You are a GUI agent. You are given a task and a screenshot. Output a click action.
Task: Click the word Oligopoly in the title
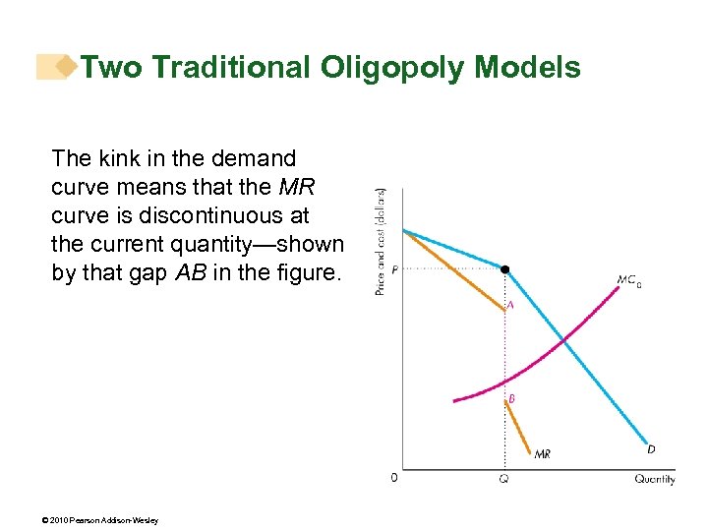tap(391, 67)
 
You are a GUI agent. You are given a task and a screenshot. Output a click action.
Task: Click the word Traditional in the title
tap(229, 67)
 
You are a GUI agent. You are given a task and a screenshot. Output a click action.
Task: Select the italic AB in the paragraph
tap(188, 272)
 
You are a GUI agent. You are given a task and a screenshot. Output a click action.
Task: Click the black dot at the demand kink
tap(505, 268)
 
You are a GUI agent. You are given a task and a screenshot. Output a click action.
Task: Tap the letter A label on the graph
tap(510, 306)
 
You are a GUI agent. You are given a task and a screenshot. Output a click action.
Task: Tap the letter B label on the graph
tap(511, 399)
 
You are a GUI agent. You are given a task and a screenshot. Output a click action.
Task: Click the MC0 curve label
tap(628, 281)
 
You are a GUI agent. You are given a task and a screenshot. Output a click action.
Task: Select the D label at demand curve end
tap(651, 449)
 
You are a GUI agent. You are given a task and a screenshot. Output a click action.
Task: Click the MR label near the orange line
tap(542, 453)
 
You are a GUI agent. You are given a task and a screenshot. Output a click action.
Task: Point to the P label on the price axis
tap(393, 269)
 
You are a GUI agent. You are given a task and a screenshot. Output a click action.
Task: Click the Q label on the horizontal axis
tap(503, 480)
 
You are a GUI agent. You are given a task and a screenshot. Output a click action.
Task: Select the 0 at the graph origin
tap(394, 478)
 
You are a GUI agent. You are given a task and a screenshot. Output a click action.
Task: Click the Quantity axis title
tap(654, 479)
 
